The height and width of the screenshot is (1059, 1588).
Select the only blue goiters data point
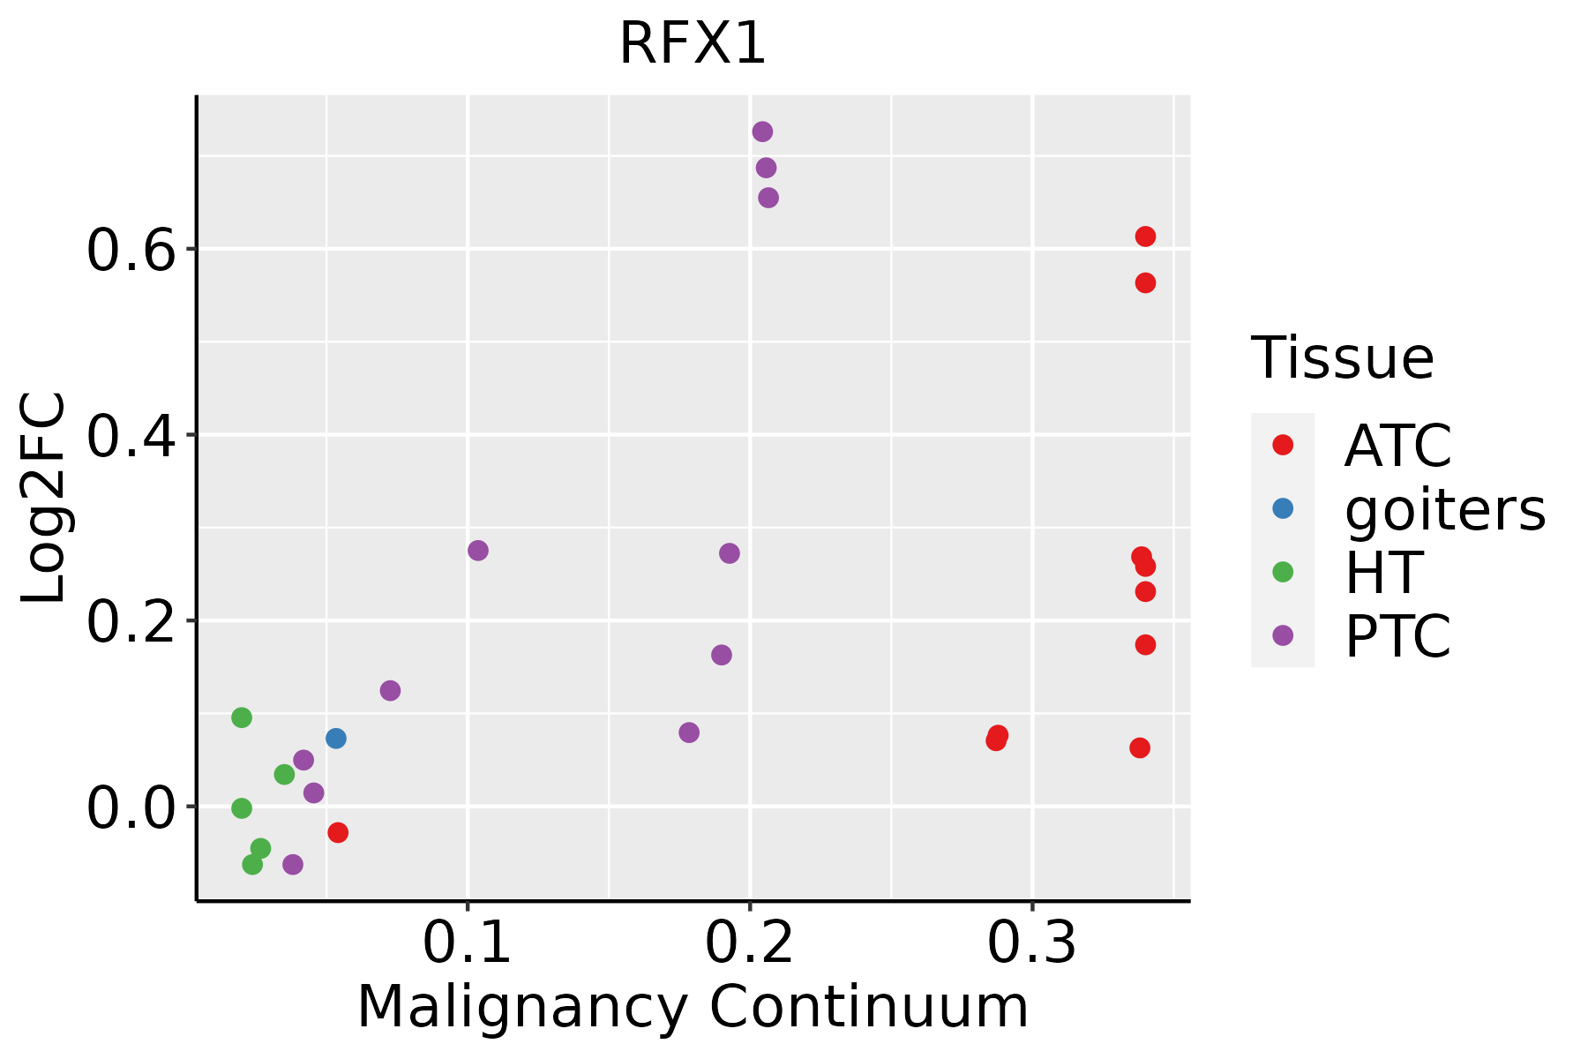[x=335, y=739]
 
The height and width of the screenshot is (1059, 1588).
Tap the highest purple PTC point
[x=762, y=131]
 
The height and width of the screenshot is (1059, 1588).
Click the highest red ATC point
[x=1145, y=237]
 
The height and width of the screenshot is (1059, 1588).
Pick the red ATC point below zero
[x=337, y=832]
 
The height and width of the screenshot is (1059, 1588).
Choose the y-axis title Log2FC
[x=44, y=498]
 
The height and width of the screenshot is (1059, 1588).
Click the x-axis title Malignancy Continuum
[x=693, y=1007]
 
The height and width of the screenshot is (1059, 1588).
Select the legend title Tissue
[x=1343, y=358]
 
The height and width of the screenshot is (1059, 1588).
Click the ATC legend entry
[x=1397, y=446]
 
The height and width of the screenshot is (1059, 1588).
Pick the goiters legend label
[x=1445, y=509]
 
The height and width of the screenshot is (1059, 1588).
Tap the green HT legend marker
[x=1283, y=572]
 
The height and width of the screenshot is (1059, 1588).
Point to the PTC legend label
[x=1397, y=636]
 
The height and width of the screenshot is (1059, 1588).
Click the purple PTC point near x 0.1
[x=477, y=551]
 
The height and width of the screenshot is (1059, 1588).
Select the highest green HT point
[x=242, y=717]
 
